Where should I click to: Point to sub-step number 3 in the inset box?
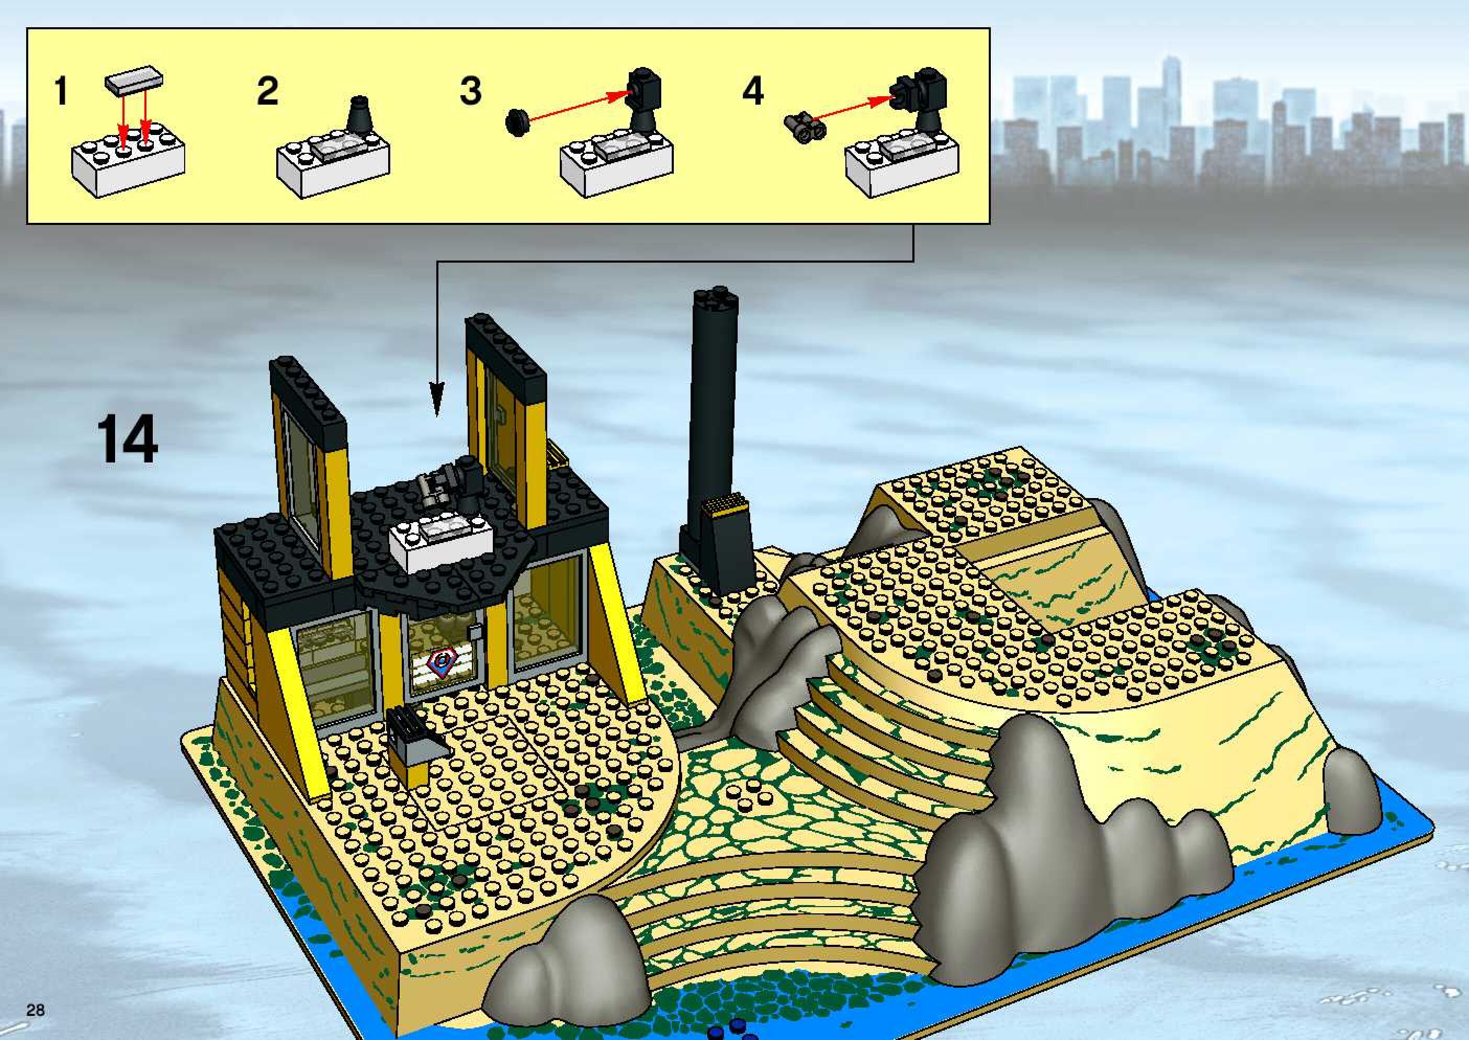471,91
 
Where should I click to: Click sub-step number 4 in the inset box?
753,91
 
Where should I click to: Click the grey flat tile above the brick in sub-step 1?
134,80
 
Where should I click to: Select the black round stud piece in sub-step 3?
516,122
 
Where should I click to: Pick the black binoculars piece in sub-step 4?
805,128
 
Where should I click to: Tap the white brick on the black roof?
440,546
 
